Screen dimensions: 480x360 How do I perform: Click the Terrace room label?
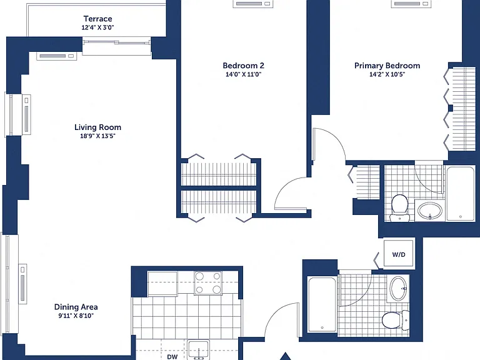97,19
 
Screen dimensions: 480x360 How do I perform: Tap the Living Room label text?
97,127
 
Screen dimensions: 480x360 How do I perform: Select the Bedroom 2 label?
243,66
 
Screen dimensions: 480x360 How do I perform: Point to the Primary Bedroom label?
387,66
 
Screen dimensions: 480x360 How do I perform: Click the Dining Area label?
76,307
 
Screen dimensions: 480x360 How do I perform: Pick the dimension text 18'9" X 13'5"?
97,136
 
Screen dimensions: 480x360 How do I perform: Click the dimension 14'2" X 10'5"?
387,74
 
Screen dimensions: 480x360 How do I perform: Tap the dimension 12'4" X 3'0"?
97,27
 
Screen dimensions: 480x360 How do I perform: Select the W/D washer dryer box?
399,254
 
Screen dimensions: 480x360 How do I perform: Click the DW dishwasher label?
172,357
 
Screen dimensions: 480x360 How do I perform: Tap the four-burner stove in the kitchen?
208,283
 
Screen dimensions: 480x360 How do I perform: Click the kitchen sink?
199,349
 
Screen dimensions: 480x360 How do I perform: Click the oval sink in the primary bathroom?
430,211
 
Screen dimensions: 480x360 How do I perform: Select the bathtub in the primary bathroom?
461,193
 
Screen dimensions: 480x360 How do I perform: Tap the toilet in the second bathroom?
396,320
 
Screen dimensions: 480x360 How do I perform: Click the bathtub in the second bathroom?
322,304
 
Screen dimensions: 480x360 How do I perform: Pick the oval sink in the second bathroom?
399,288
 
